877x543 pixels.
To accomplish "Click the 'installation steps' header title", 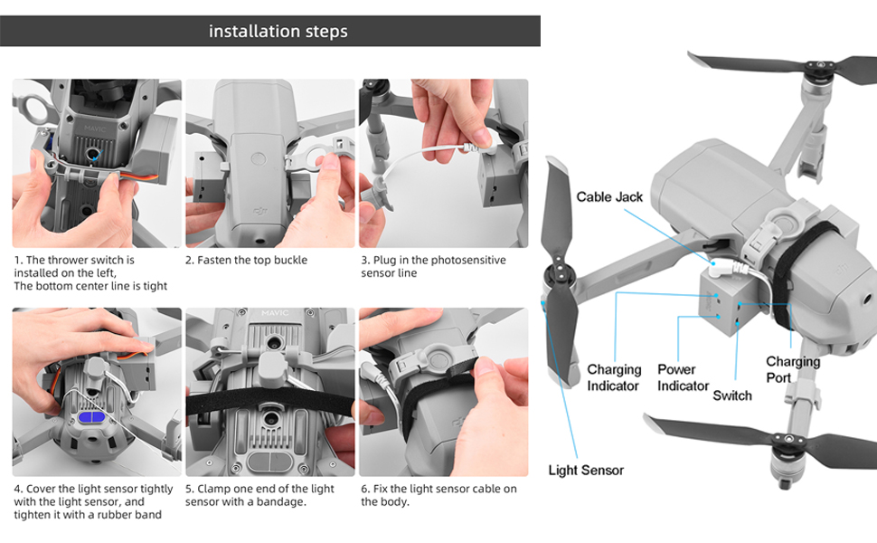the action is pyautogui.click(x=278, y=32).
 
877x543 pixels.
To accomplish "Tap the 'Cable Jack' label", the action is pyautogui.click(x=609, y=197).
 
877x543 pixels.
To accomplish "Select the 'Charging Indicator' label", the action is pyautogui.click(x=614, y=377).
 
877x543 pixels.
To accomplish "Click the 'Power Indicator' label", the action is pyautogui.click(x=683, y=377).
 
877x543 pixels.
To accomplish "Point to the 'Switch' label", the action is pyautogui.click(x=732, y=395).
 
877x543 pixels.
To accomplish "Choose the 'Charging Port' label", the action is pyautogui.click(x=792, y=369).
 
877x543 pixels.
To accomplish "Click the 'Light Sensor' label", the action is pyautogui.click(x=586, y=470).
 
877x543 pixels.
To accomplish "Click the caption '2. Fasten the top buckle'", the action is pyautogui.click(x=246, y=261).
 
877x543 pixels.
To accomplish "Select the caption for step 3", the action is pyautogui.click(x=433, y=266).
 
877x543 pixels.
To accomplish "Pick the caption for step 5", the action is pyautogui.click(x=259, y=495).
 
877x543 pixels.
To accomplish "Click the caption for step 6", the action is pyautogui.click(x=438, y=495).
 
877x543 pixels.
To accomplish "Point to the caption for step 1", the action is pyautogui.click(x=90, y=272).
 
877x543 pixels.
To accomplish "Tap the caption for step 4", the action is pyautogui.click(x=93, y=501).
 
